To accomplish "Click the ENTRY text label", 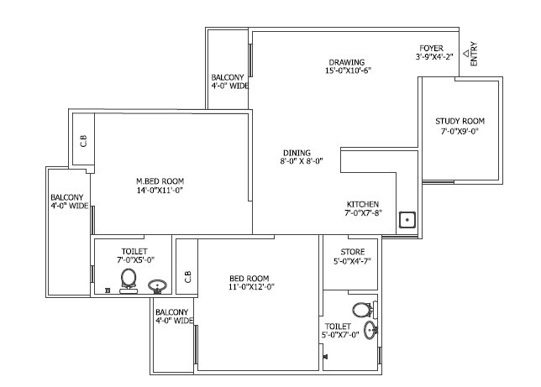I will (x=475, y=55).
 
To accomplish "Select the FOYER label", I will (x=432, y=48).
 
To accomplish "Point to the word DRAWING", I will (x=345, y=61).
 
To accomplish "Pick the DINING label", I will (x=296, y=153).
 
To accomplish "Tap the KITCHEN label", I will (x=363, y=204).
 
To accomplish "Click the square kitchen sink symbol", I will (x=407, y=221).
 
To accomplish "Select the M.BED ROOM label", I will (x=160, y=180).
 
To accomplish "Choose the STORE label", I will (x=352, y=251).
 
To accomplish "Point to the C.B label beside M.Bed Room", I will (x=83, y=140).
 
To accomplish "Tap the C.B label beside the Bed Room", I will (x=187, y=276).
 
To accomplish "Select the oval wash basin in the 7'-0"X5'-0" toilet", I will (x=157, y=286).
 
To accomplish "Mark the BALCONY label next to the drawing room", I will (x=228, y=76).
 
